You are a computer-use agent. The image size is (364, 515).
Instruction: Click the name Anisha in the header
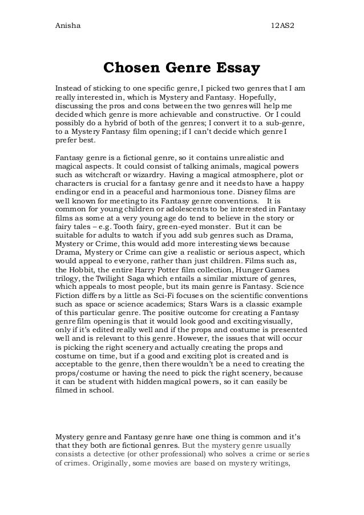pyautogui.click(x=66, y=11)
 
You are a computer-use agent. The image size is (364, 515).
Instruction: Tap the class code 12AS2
pyautogui.click(x=282, y=11)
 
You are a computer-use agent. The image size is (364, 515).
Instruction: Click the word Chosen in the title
pyautogui.click(x=132, y=68)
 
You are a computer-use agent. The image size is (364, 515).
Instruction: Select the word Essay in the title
pyautogui.click(x=237, y=68)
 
